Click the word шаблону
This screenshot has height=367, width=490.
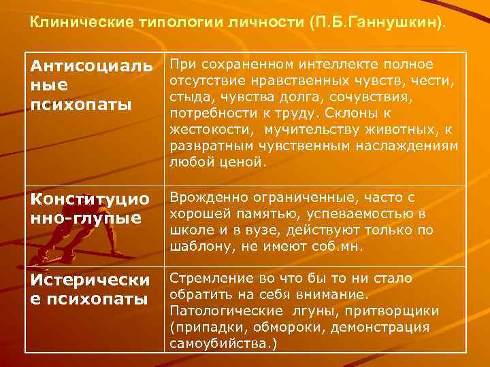(x=197, y=247)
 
